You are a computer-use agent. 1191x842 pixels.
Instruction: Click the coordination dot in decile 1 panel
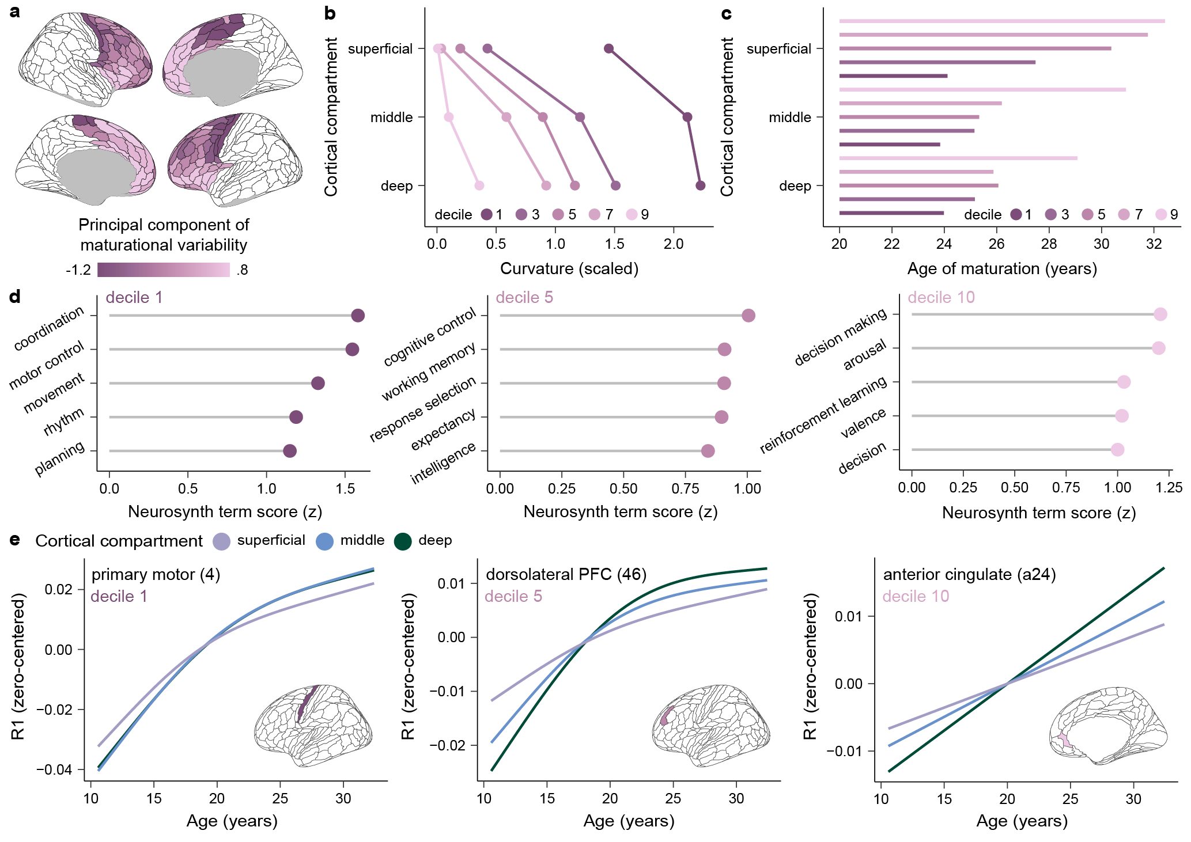(x=358, y=316)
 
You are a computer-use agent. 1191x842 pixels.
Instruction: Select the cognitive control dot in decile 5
(x=748, y=316)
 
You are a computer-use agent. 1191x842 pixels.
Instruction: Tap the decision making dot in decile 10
(x=1160, y=314)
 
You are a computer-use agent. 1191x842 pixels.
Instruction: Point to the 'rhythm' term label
(x=64, y=422)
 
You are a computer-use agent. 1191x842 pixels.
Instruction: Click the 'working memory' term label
(x=429, y=371)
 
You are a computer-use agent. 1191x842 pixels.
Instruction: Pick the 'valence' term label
(x=863, y=423)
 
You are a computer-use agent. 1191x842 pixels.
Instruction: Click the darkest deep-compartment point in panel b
(x=700, y=185)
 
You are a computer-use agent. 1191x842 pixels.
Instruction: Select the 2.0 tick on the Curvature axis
(x=674, y=244)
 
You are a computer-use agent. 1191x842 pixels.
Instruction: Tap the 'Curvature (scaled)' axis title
(x=569, y=268)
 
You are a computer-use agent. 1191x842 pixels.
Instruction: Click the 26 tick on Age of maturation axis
(x=996, y=244)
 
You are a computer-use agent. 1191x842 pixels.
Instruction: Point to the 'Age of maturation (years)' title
(x=1002, y=268)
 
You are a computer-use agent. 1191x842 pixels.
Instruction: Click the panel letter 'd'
(x=15, y=297)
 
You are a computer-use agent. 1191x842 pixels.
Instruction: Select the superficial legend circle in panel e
(x=221, y=541)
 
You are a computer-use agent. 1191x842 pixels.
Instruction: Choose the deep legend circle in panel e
(x=403, y=541)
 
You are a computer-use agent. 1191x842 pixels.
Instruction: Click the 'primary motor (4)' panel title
(x=156, y=575)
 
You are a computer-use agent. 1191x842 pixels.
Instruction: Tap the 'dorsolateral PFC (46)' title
(x=566, y=575)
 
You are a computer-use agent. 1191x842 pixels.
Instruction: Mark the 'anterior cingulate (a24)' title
(x=969, y=575)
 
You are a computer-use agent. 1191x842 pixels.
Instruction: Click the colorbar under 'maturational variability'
(x=164, y=270)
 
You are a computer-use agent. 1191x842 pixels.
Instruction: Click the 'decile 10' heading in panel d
(x=941, y=298)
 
